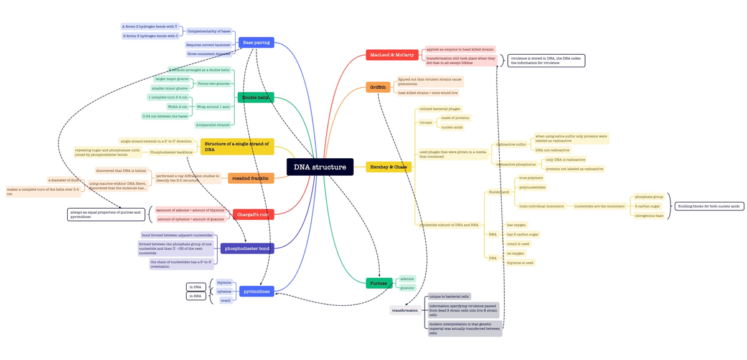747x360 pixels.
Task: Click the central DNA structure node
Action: pos(320,167)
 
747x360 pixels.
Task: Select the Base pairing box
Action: pos(256,42)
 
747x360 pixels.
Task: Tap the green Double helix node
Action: pos(256,98)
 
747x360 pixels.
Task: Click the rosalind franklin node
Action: pos(251,179)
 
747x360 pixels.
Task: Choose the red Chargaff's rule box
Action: pos(252,214)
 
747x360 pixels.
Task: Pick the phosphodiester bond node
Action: pos(247,249)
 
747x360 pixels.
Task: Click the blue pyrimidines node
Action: pos(256,291)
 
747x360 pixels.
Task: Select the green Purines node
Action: pos(379,283)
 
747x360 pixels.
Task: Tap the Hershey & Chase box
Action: pos(388,167)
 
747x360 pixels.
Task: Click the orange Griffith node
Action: pos(378,87)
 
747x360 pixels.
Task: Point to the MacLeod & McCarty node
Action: pos(392,55)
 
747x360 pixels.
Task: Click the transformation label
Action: pos(405,310)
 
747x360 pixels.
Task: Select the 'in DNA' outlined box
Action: pos(195,287)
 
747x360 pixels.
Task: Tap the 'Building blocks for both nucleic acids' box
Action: pos(709,206)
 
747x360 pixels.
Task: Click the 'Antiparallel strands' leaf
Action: pos(213,125)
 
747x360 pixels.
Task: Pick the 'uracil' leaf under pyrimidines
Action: pos(226,300)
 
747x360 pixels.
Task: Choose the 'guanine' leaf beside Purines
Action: pos(408,288)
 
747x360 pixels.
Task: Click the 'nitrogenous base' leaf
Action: pos(649,216)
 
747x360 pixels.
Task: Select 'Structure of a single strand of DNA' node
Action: pos(237,147)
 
